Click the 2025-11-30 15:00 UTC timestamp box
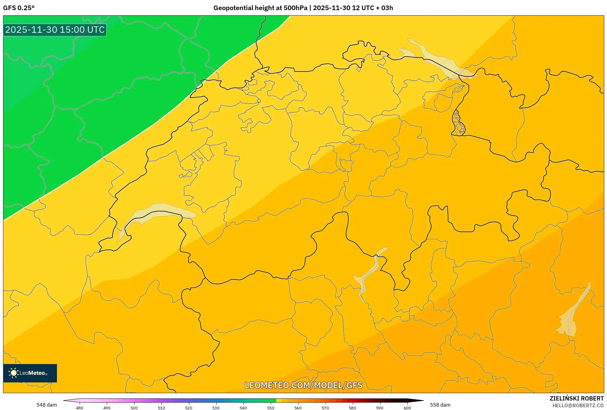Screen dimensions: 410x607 tap(55, 30)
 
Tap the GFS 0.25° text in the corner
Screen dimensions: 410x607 tap(19, 8)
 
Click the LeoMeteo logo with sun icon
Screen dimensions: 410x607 tap(30, 373)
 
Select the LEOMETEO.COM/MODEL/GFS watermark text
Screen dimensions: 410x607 tap(303, 385)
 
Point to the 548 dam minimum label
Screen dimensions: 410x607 tap(47, 405)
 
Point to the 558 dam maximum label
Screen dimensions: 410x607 tap(440, 405)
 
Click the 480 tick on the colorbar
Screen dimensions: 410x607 tap(80, 408)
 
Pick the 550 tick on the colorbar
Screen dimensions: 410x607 tap(271, 408)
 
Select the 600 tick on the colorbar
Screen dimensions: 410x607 tap(407, 408)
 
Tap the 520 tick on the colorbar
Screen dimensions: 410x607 tap(189, 408)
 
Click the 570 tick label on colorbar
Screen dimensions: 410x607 tap(325, 408)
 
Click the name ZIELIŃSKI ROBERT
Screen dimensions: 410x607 tap(576, 398)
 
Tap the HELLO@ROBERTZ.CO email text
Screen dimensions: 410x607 tap(578, 405)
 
